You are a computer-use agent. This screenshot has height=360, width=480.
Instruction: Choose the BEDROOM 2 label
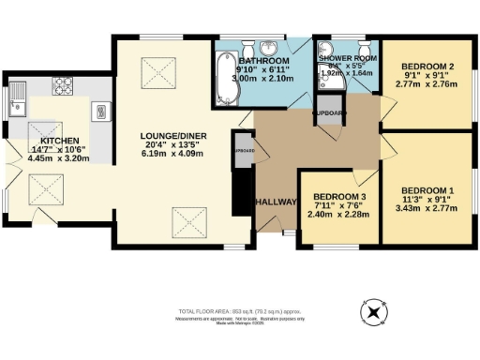click(427, 67)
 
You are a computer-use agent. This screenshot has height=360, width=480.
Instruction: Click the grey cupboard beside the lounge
click(243, 152)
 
